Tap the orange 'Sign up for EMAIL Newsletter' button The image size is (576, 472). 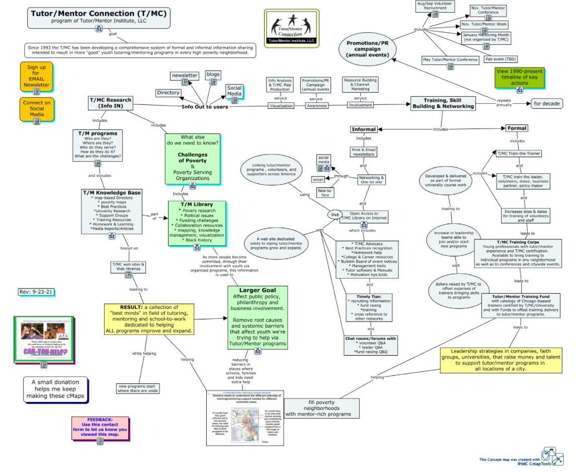(x=37, y=76)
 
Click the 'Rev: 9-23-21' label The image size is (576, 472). (x=35, y=292)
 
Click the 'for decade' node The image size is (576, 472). (x=547, y=104)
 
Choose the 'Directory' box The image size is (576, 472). (x=168, y=93)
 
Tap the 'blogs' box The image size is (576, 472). (x=213, y=75)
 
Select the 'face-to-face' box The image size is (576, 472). (x=326, y=192)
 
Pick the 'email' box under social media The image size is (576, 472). (x=318, y=179)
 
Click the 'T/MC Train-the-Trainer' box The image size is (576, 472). (x=519, y=153)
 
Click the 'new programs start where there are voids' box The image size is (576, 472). (x=138, y=388)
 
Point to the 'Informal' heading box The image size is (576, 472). (x=363, y=129)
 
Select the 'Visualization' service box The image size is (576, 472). (x=281, y=106)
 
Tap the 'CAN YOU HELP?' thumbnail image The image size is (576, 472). (x=43, y=339)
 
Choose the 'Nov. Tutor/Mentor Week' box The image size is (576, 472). (x=484, y=25)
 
